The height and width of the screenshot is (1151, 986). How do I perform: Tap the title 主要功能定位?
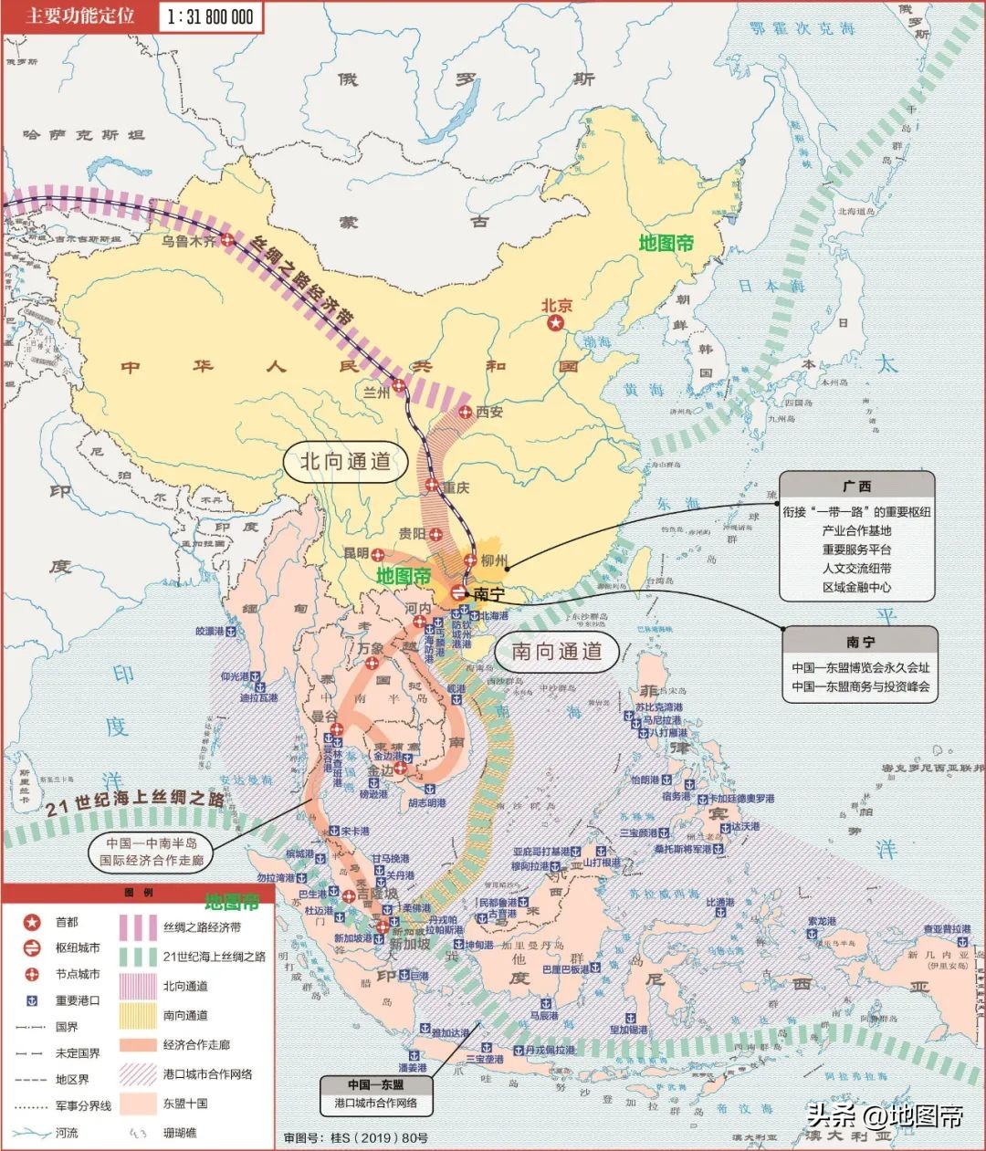tap(79, 16)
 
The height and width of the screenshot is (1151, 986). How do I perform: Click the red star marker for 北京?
tap(555, 325)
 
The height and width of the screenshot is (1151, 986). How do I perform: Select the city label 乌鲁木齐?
tap(189, 241)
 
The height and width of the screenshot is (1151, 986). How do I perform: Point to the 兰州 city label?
tap(376, 392)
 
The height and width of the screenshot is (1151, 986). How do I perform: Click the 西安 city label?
tap(489, 412)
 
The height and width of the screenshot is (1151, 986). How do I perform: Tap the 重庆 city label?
tap(456, 487)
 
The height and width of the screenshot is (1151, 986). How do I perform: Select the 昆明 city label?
tap(355, 553)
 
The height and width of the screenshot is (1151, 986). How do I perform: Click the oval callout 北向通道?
tap(345, 462)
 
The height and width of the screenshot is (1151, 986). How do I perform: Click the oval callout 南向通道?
tap(556, 651)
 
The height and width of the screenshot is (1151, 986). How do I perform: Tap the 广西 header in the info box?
tap(856, 487)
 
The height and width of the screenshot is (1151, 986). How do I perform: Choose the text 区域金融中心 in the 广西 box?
tap(856, 587)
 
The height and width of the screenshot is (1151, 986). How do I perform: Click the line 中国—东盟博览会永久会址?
tap(860, 667)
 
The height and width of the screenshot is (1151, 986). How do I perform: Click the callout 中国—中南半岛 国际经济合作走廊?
tap(152, 851)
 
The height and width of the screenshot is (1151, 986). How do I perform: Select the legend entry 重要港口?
tap(78, 1000)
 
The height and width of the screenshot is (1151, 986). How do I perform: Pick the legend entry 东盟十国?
tap(185, 1103)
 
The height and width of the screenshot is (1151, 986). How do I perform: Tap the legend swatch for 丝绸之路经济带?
tap(138, 927)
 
